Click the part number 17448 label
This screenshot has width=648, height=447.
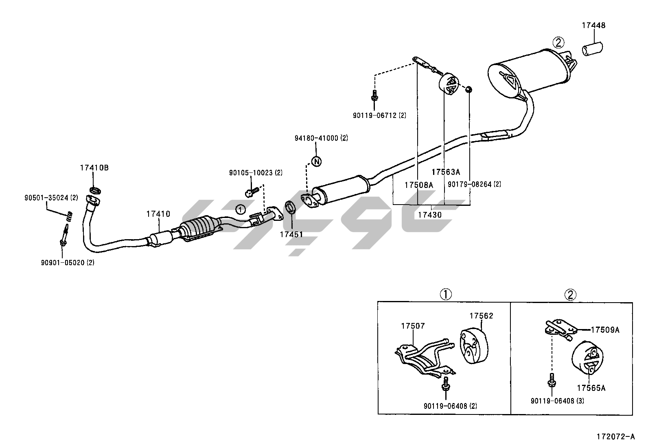pyautogui.click(x=593, y=25)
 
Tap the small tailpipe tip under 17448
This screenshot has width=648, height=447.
pyautogui.click(x=594, y=49)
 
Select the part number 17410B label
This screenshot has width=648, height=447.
pyautogui.click(x=94, y=168)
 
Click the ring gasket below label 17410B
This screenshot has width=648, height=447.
pyautogui.click(x=95, y=190)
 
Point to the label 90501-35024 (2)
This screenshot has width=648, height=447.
pyautogui.click(x=51, y=198)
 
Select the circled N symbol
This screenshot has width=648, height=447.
pyautogui.click(x=316, y=161)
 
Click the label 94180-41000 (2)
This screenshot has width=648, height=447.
pyautogui.click(x=322, y=138)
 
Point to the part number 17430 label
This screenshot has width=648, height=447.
pyautogui.click(x=430, y=214)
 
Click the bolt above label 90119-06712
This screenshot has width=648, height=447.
pyautogui.click(x=374, y=97)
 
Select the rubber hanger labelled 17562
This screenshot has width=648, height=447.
pyautogui.click(x=472, y=346)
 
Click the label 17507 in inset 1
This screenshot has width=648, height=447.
pyautogui.click(x=413, y=326)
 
